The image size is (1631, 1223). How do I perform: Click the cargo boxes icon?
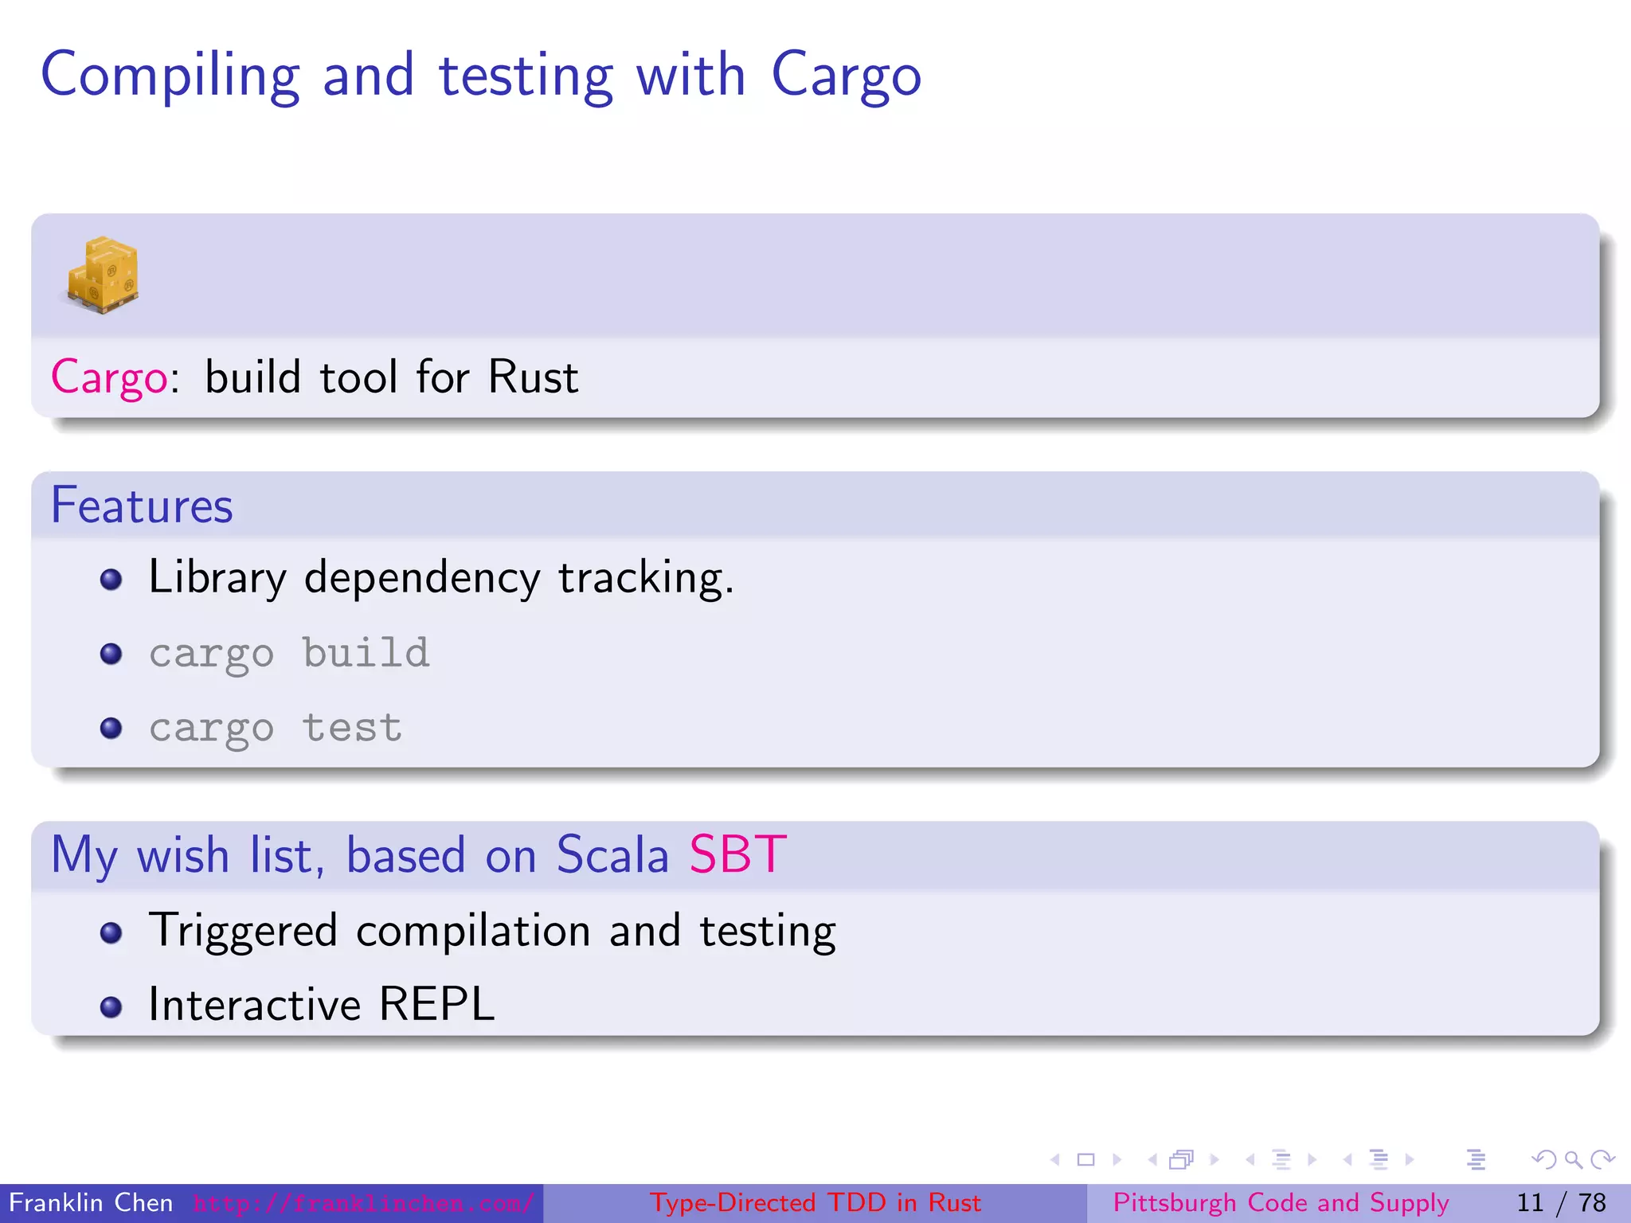click(103, 275)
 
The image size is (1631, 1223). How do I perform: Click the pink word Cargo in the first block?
click(109, 377)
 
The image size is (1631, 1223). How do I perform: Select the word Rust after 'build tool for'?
click(533, 377)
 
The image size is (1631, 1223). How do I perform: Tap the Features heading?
click(142, 506)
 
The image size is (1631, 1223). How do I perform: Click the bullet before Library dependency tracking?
click(111, 579)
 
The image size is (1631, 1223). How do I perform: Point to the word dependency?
click(421, 579)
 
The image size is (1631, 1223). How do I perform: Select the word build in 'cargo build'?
click(366, 653)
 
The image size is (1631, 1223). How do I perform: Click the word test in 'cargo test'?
click(352, 728)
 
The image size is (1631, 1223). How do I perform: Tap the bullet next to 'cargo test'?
click(111, 728)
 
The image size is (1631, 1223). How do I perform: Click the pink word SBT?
click(737, 855)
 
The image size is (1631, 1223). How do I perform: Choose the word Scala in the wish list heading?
click(612, 855)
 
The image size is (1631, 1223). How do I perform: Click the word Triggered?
click(243, 931)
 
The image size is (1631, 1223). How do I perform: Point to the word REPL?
click(436, 1004)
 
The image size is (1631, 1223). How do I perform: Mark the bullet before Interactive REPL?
click(111, 1007)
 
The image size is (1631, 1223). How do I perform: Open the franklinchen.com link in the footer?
click(362, 1203)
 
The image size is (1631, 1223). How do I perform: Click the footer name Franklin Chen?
click(91, 1202)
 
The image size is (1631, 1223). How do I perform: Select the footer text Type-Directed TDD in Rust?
click(815, 1202)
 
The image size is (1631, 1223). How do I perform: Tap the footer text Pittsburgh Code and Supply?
click(1281, 1202)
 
